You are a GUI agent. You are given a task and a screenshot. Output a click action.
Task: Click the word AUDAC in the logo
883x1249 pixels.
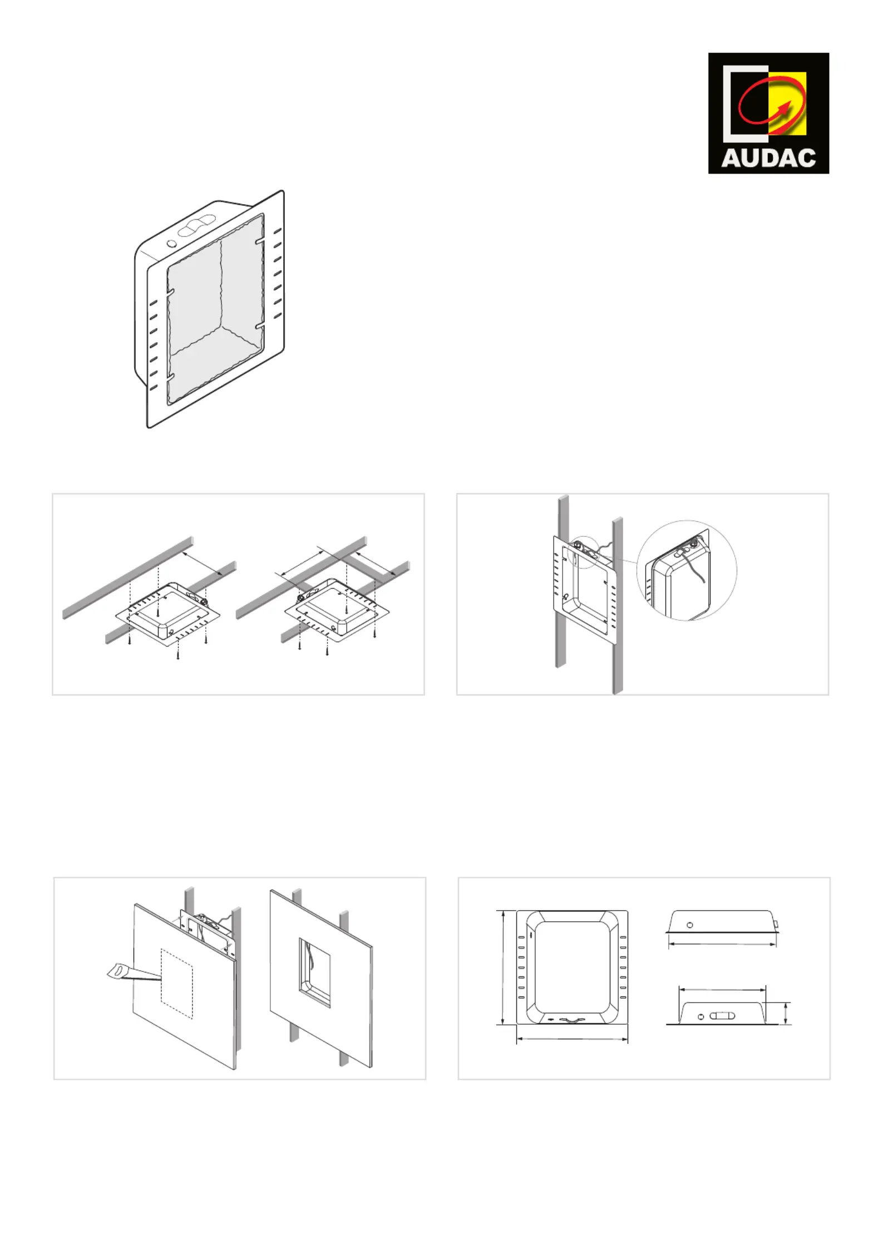tap(768, 158)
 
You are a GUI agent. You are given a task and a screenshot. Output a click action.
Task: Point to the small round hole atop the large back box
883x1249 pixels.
tap(172, 243)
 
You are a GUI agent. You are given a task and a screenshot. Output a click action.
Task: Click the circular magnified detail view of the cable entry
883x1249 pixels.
tap(687, 570)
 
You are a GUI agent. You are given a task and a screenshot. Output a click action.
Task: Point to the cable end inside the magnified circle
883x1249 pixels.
tap(705, 582)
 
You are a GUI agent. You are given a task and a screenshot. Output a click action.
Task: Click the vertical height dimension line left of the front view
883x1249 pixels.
tap(503, 967)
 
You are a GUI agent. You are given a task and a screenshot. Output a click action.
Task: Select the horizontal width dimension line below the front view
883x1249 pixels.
tap(572, 1039)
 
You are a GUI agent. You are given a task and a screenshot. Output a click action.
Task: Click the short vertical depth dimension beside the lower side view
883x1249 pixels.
tap(786, 1013)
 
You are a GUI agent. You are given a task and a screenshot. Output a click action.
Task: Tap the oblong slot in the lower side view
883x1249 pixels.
tap(722, 1016)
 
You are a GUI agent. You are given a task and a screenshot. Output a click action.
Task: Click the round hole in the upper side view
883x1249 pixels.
tap(690, 925)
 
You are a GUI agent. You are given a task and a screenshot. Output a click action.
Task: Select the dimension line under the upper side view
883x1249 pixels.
tap(722, 944)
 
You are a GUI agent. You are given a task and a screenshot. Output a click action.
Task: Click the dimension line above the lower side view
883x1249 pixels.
tap(723, 990)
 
